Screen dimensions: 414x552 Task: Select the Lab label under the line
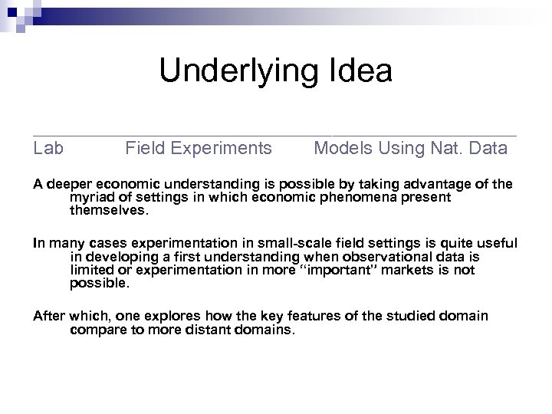click(48, 148)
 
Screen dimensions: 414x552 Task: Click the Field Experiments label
click(199, 148)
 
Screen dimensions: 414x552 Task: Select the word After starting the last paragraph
click(49, 317)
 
